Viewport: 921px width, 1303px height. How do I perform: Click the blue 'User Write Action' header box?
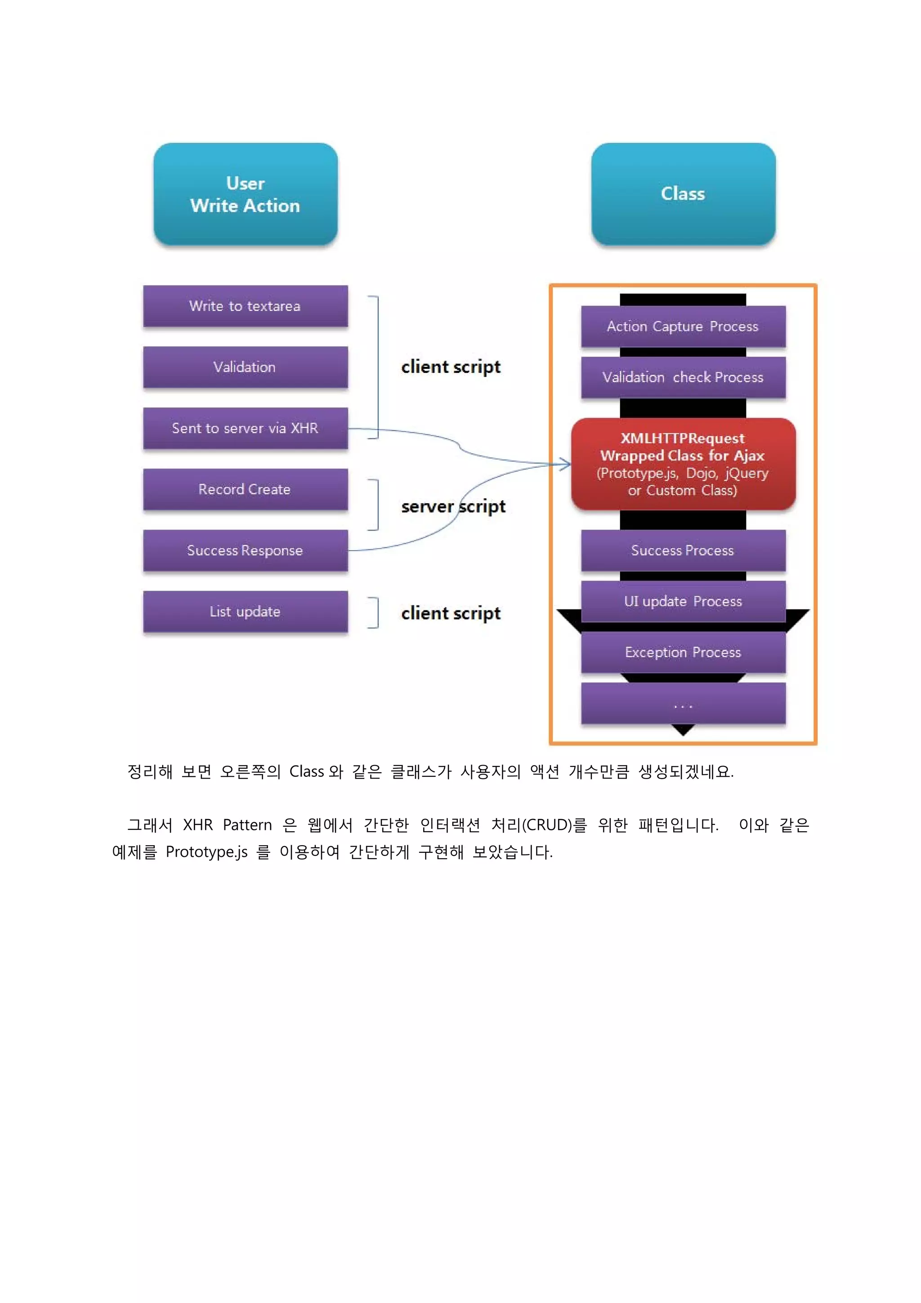[x=245, y=194]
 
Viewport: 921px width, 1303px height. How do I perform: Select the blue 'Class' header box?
[x=683, y=194]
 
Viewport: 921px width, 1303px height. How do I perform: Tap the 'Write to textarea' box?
[x=245, y=306]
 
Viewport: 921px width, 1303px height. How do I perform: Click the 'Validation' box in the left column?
[x=245, y=367]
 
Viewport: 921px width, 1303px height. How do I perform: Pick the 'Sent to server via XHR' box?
[x=245, y=429]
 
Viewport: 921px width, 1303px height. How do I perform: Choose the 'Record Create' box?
[x=245, y=489]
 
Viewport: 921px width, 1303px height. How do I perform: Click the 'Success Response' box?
[x=245, y=551]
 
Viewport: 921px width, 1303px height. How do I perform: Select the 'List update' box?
[x=245, y=612]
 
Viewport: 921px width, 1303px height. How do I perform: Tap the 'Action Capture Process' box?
[x=683, y=327]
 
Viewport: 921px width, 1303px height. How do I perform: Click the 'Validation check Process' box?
[x=683, y=377]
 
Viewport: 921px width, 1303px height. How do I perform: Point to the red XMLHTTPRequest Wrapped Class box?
[x=683, y=464]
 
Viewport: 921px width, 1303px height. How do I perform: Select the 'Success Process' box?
[x=683, y=551]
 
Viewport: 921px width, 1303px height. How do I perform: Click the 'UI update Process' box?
[x=683, y=601]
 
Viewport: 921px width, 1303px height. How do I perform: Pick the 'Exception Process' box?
[x=683, y=653]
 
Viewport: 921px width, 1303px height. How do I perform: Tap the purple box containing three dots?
[x=683, y=704]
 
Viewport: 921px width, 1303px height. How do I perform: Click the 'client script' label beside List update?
[x=451, y=613]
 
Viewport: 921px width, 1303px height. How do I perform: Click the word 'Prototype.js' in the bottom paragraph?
[x=206, y=852]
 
